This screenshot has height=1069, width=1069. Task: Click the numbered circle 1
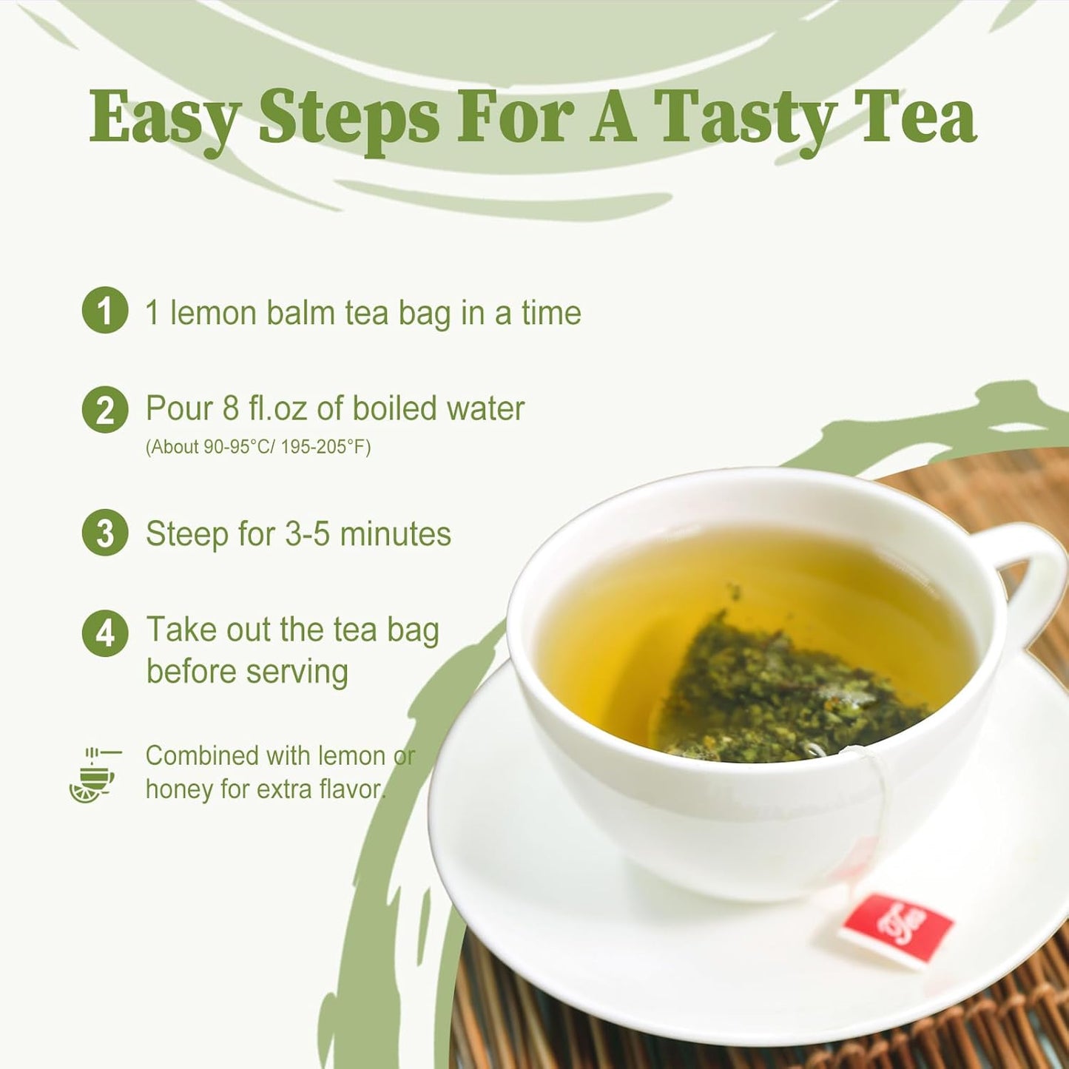[x=105, y=310]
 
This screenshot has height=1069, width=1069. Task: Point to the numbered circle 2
[x=105, y=410]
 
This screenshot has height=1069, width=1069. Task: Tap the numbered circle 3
[x=105, y=533]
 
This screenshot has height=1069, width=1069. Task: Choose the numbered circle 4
[x=105, y=633]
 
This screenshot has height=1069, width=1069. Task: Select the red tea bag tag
[x=897, y=929]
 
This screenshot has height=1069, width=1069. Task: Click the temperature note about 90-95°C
[x=257, y=447]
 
